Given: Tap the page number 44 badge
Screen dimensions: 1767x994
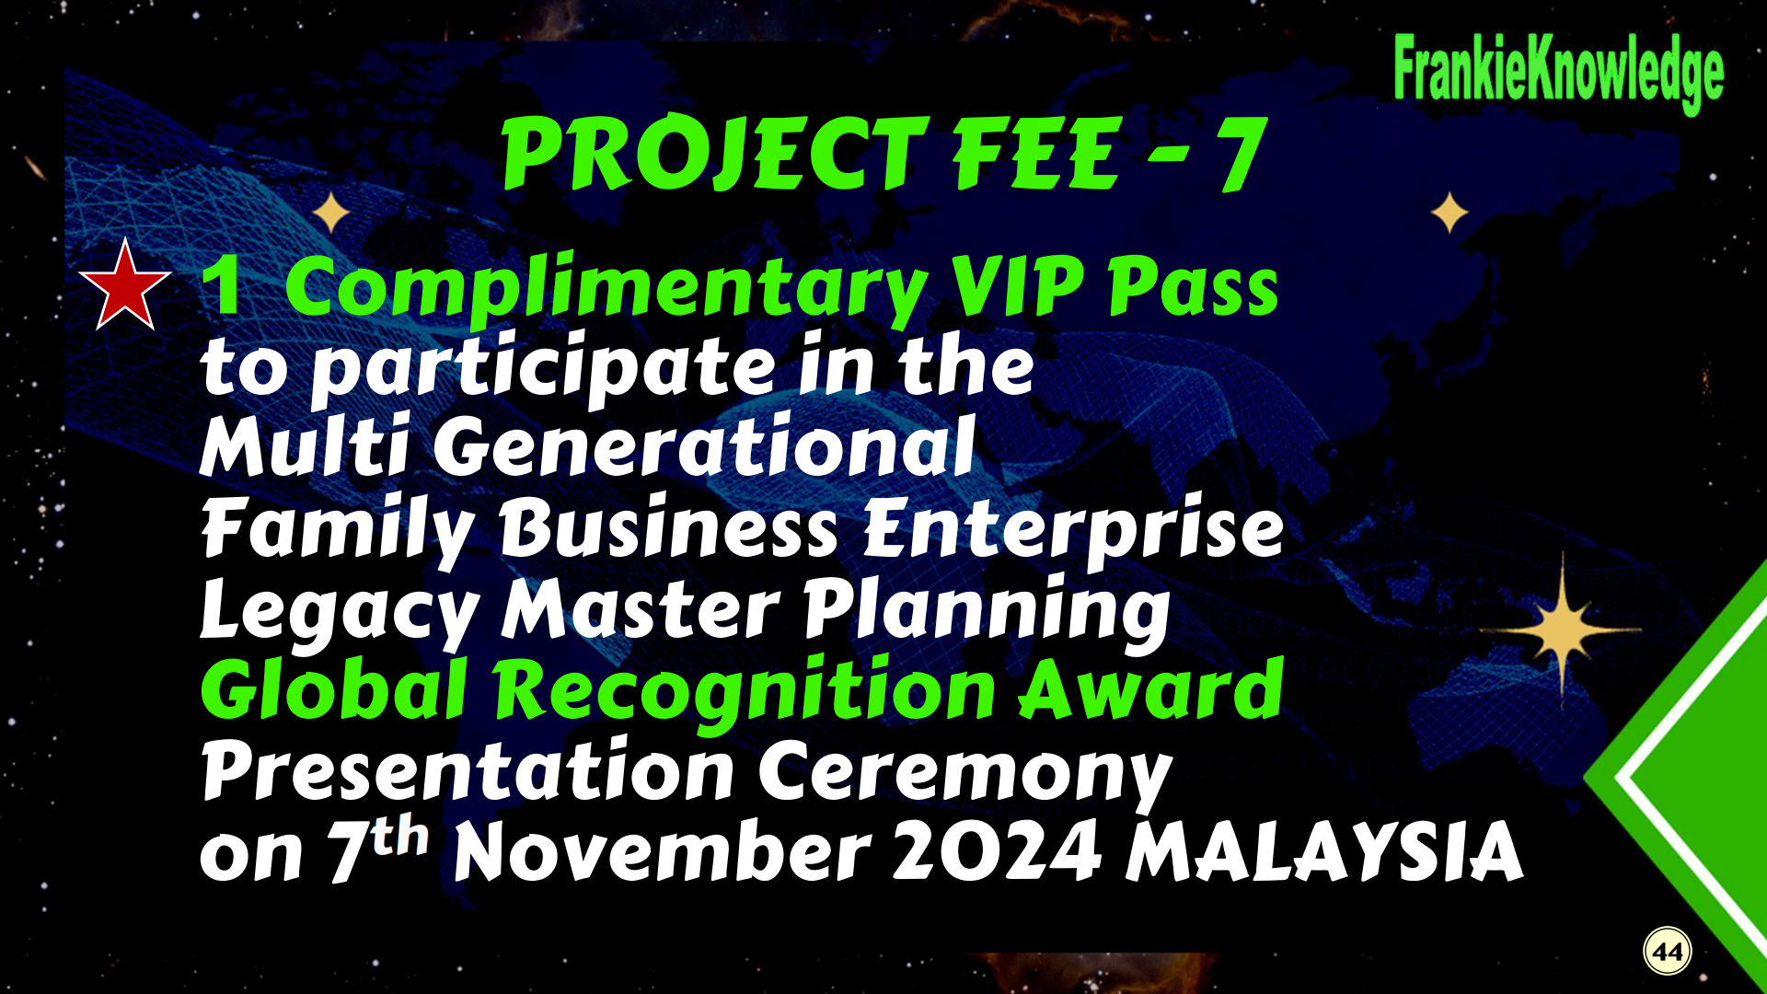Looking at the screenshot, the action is coord(1668,951).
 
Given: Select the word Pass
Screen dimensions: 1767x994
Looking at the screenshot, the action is coord(1194,287).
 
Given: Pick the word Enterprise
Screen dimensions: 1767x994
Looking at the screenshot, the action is coord(1074,529).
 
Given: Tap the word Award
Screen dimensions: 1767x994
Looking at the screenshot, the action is coord(1150,689).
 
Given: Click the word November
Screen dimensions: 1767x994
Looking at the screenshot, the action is coord(663,852).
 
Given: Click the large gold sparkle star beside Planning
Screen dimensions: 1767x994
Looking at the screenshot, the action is coord(1562,630).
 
